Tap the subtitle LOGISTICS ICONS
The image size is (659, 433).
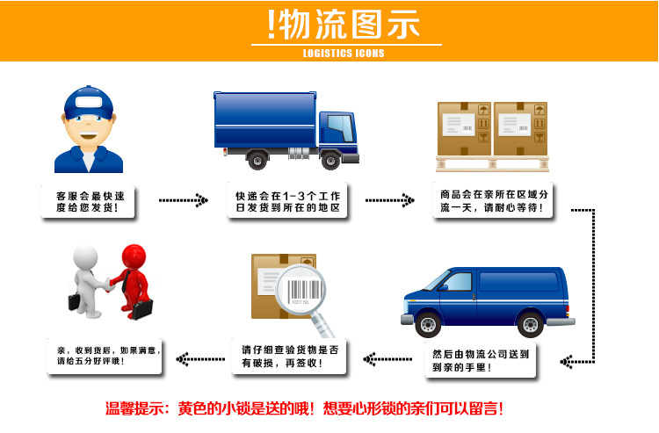tap(344, 53)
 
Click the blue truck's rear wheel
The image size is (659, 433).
tap(257, 160)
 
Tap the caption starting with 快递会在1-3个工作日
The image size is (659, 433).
tap(287, 202)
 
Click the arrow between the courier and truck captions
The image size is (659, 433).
tap(183, 201)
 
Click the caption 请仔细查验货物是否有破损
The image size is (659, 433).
tap(289, 357)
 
